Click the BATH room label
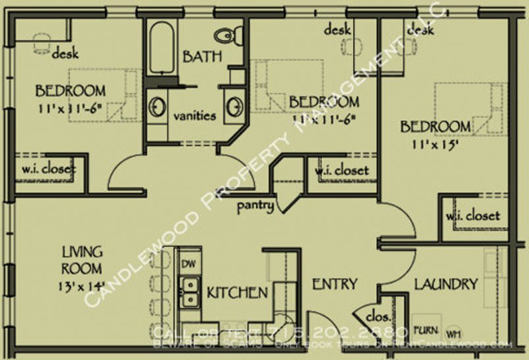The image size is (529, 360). pos(202,57)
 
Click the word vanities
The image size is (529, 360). pos(194,116)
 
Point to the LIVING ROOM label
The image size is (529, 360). pos(82,260)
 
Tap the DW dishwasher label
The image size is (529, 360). pos(188,263)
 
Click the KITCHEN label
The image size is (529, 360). pos(237,292)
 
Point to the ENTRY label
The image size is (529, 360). pos(334,285)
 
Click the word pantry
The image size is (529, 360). pos(256,206)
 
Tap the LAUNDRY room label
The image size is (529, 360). pos(446,285)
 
